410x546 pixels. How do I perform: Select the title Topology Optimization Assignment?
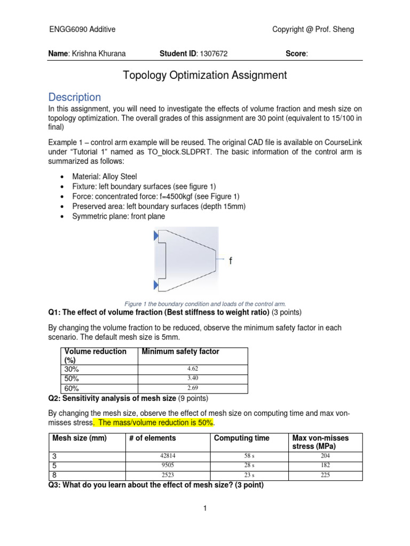coord(205,75)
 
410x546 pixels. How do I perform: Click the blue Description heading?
coord(74,97)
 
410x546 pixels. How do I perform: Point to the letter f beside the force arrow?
coord(231,261)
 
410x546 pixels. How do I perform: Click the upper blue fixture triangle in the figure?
coord(156,235)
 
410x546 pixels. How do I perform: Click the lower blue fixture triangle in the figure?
coord(156,283)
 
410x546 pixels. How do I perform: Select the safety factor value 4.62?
coord(193,369)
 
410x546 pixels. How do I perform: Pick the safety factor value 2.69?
coord(193,388)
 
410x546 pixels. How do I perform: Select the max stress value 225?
coord(325,475)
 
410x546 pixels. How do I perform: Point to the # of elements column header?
coord(152,438)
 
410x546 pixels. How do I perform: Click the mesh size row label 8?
coord(54,475)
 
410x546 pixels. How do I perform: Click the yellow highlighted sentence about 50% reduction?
coord(154,422)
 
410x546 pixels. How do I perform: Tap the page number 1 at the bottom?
coord(204,509)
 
